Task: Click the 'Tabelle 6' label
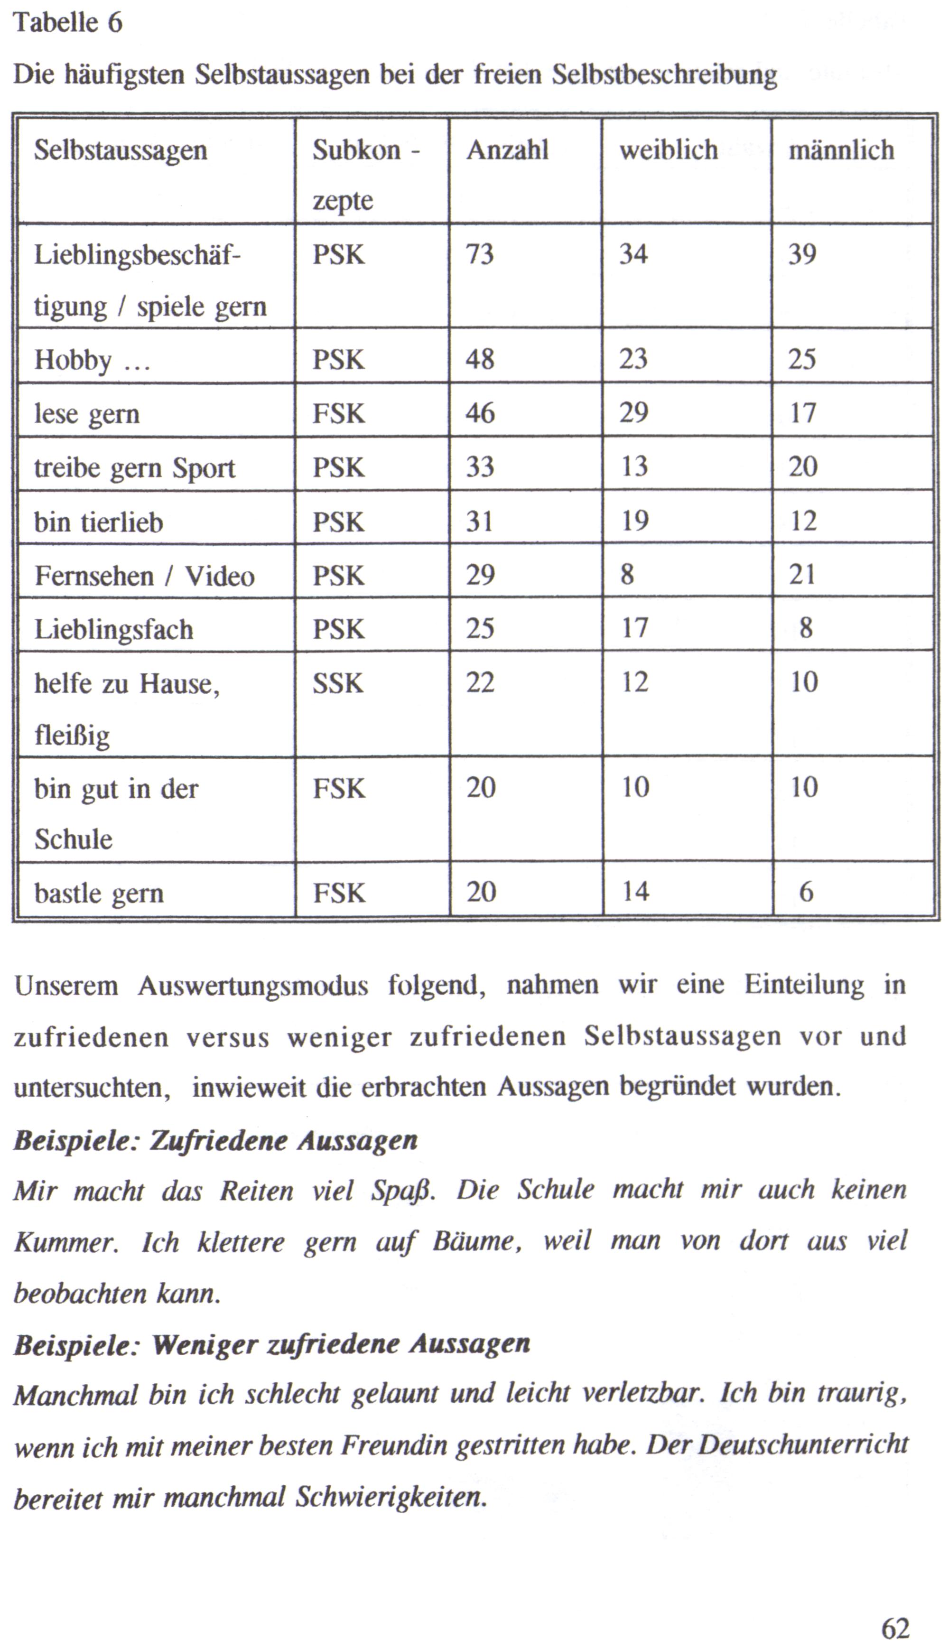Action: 68,23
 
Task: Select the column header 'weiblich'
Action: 668,150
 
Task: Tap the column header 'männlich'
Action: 841,150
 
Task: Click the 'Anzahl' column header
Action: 507,150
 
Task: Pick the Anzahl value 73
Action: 480,254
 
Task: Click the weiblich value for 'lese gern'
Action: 633,413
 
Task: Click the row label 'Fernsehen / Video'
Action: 144,576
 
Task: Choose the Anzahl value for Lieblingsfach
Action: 480,629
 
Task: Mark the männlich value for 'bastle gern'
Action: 806,892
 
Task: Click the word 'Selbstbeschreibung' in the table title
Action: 664,75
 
